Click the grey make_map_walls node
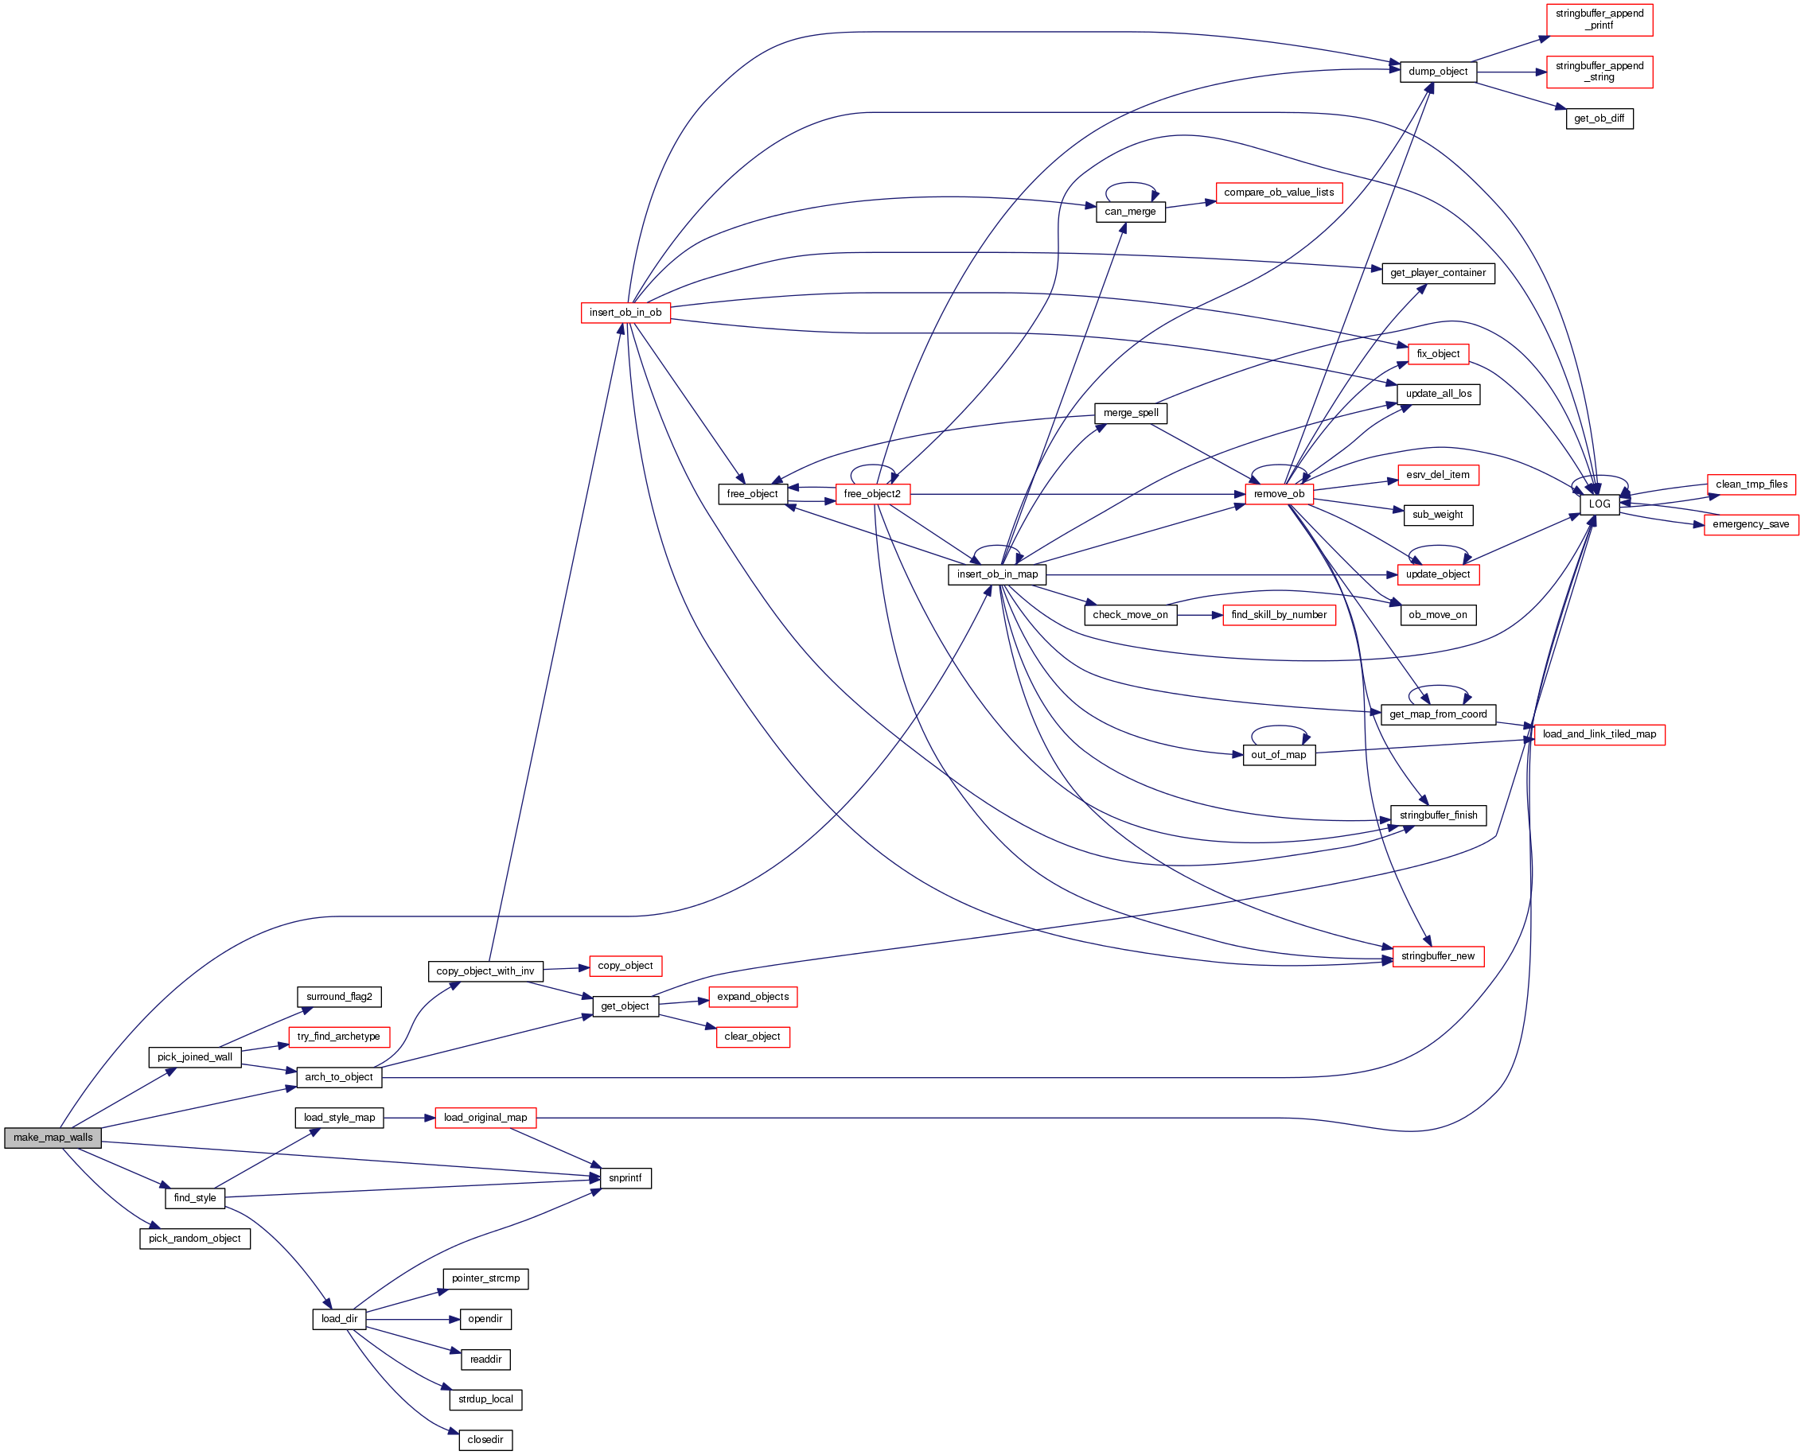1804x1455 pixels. point(53,1138)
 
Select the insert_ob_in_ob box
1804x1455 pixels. point(625,313)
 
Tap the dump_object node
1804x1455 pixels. point(1438,72)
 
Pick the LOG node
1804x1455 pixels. point(1599,504)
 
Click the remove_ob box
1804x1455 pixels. point(1278,495)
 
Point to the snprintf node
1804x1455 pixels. point(625,1177)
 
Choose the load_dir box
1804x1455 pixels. point(339,1318)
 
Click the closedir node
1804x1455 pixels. point(485,1439)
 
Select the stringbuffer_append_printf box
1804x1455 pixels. point(1599,19)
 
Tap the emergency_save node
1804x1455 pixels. point(1751,525)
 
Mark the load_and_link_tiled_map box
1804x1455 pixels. point(1599,734)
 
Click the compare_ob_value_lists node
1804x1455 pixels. point(1278,193)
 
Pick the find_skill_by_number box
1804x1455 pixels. point(1278,615)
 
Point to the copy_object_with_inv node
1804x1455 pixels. point(485,971)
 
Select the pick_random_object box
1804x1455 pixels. point(194,1238)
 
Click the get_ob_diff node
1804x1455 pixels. point(1599,119)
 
